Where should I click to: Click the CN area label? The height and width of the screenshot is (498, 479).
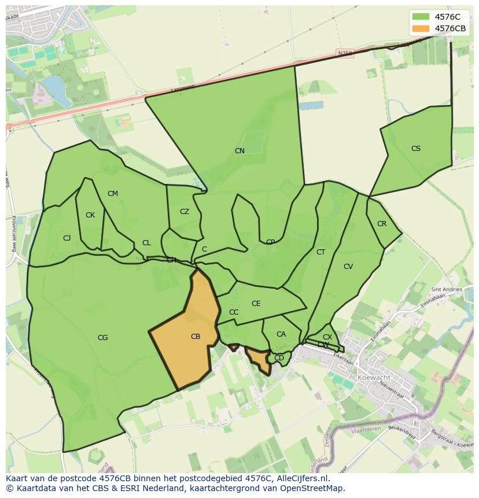tap(239, 151)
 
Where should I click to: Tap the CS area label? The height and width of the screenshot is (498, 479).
tap(416, 149)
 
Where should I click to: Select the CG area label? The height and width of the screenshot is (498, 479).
tap(102, 338)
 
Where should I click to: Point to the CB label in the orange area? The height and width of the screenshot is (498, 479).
tap(196, 337)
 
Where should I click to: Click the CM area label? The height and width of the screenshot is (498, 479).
tap(113, 194)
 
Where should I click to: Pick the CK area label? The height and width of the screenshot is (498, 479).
tap(90, 215)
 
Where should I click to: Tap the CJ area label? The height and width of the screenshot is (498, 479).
tap(67, 238)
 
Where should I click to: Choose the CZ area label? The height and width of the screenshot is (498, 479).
tap(185, 212)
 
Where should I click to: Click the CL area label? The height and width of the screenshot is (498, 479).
tap(146, 243)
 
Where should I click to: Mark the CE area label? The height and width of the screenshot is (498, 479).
tap(256, 304)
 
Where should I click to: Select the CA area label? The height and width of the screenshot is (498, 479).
tap(281, 334)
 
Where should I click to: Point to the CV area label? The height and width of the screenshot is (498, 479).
tap(348, 267)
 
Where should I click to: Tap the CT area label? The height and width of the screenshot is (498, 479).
tap(321, 252)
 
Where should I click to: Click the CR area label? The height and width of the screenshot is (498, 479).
tap(382, 224)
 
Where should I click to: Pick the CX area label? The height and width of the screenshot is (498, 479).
tap(327, 337)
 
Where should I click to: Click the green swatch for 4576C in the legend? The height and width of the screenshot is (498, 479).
tap(421, 17)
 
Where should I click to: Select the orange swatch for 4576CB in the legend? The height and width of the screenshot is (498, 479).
tap(421, 28)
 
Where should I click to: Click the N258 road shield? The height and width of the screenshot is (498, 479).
tap(345, 53)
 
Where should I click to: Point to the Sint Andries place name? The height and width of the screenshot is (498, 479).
tap(447, 289)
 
